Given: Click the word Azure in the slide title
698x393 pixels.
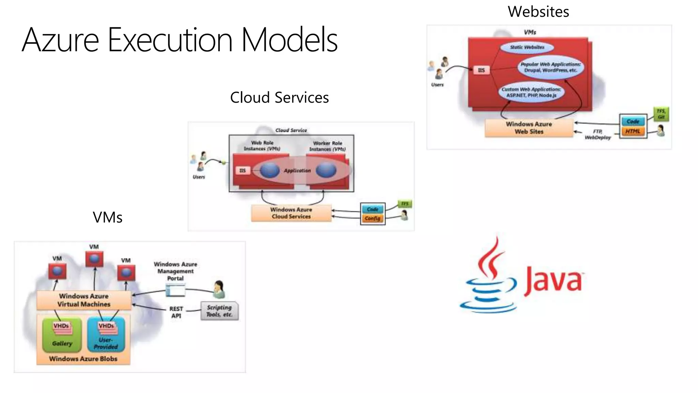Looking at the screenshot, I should pyautogui.click(x=60, y=40).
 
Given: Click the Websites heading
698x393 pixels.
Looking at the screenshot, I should pyautogui.click(x=538, y=12).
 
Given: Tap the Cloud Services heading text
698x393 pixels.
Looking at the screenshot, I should pyautogui.click(x=279, y=98).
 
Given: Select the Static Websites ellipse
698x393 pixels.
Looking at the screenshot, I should pyautogui.click(x=527, y=47).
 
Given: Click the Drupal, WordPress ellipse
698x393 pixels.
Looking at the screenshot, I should pyautogui.click(x=550, y=67).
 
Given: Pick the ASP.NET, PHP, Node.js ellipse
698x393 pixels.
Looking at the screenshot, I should pyautogui.click(x=531, y=92).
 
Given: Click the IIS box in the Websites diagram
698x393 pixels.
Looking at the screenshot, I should pyautogui.click(x=481, y=70).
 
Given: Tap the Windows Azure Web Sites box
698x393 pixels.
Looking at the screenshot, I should pyautogui.click(x=529, y=128).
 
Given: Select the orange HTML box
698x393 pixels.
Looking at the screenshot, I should pyautogui.click(x=633, y=131).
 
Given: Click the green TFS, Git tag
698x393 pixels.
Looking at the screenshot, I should pyautogui.click(x=661, y=114).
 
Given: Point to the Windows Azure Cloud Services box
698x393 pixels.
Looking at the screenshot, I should pyautogui.click(x=291, y=213).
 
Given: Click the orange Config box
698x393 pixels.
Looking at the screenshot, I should pyautogui.click(x=373, y=218).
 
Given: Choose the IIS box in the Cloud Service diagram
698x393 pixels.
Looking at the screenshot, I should pyautogui.click(x=242, y=171).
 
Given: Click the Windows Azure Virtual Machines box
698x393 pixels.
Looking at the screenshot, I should pyautogui.click(x=84, y=300).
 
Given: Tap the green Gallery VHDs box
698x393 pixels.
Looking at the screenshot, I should pyautogui.click(x=62, y=335).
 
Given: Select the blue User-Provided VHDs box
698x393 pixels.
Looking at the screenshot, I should pyautogui.click(x=106, y=335).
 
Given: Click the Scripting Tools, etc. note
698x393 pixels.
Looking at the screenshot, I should pyautogui.click(x=219, y=311).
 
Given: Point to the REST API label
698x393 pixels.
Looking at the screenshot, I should pyautogui.click(x=176, y=312).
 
